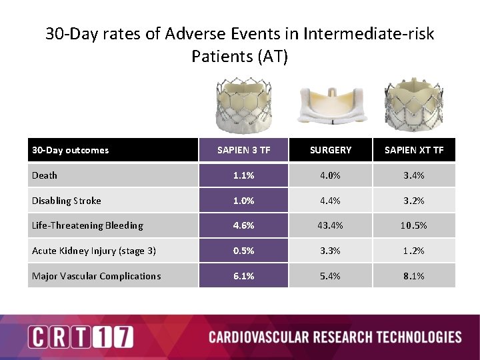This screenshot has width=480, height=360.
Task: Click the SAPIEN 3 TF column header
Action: coord(243,150)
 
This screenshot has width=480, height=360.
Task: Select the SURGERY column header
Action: coord(330,150)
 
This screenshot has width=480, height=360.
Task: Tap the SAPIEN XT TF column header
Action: coord(413,150)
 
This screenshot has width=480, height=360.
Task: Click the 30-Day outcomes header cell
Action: coord(71,150)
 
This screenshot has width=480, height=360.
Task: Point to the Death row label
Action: coord(45,175)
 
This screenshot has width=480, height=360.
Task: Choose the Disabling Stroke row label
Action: coord(67,201)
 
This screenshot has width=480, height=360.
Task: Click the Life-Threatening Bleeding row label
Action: coord(87,225)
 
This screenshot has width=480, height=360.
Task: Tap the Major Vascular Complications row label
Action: coord(96,276)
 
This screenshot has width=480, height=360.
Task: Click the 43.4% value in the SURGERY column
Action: coord(330,225)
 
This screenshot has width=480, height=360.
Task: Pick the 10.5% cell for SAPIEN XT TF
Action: coord(413,225)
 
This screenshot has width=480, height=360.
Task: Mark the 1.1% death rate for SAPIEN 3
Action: coord(243,175)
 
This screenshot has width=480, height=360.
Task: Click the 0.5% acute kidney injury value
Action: coord(243,251)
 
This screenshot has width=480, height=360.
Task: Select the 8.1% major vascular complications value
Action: coord(413,276)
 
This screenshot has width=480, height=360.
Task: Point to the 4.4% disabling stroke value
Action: coord(330,201)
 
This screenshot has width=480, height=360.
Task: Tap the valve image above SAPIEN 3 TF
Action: coord(244,103)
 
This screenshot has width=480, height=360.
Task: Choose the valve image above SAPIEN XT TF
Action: coord(413,103)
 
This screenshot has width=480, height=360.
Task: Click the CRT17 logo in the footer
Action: coord(80,337)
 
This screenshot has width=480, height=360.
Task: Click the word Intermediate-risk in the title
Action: coord(368,33)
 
